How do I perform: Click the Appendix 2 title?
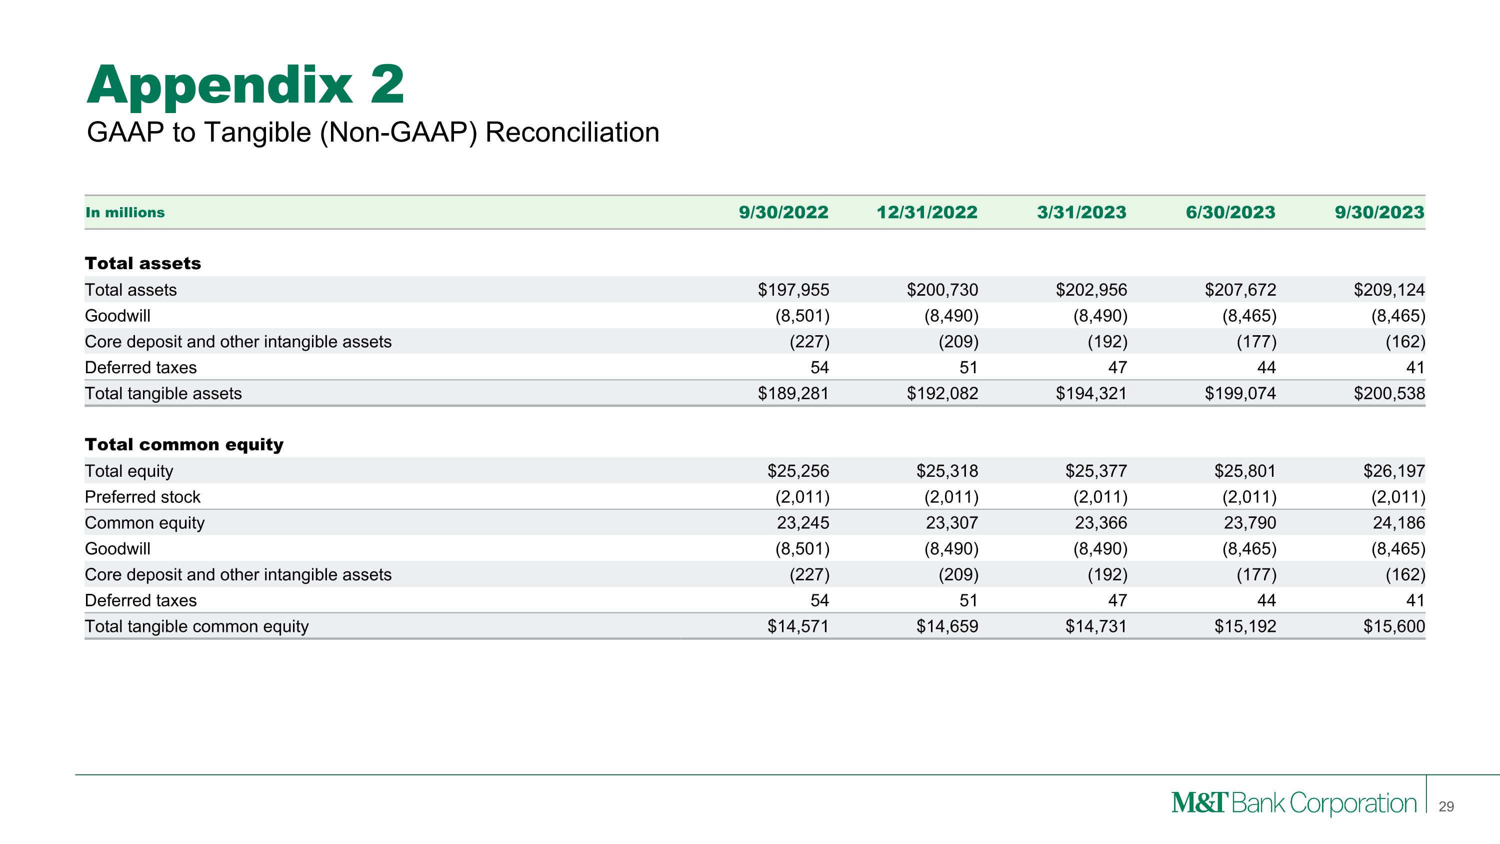245,86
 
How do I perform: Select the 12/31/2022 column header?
927,213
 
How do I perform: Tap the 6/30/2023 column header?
1230,213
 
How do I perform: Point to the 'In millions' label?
125,213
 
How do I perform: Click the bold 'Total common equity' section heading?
184,444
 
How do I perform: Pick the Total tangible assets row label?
163,394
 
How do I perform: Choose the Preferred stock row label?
142,497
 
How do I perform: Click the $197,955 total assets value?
793,290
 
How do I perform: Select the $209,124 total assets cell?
1389,290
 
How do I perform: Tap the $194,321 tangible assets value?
1091,394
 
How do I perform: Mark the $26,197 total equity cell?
1393,471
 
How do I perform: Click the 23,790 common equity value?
1249,523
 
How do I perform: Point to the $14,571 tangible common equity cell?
797,627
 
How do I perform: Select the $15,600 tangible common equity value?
1393,627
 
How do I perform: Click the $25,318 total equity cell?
947,471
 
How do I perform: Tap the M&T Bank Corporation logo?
1293,803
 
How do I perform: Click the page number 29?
1446,806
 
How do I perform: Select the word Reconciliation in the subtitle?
572,132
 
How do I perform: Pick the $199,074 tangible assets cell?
1240,394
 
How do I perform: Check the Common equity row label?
144,523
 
